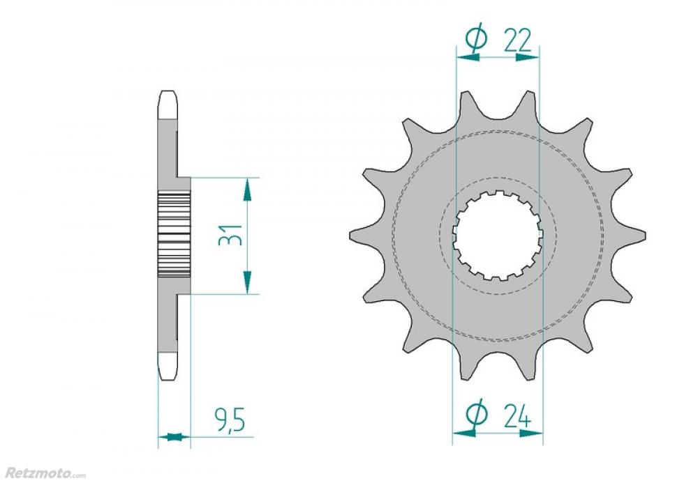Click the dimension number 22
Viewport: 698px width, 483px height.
518,41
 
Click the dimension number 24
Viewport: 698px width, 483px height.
518,416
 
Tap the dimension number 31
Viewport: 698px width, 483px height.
230,236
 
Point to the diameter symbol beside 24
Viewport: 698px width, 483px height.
476,413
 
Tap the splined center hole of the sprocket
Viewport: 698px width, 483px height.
498,236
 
